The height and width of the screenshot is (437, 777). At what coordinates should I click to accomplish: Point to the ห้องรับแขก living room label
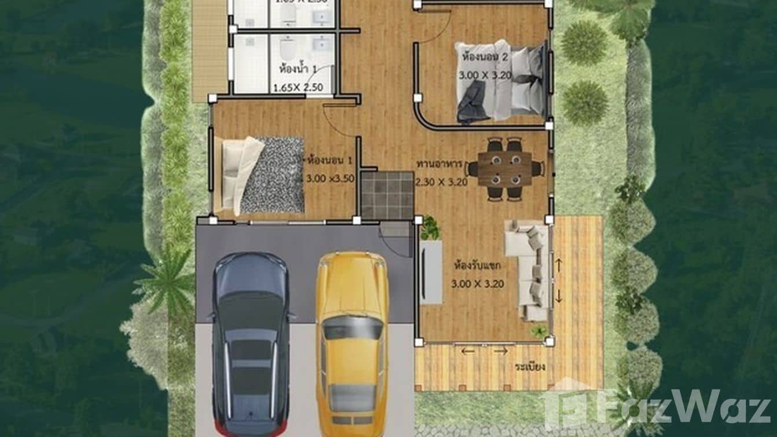478,266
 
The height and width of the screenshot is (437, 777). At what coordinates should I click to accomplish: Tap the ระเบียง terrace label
531,367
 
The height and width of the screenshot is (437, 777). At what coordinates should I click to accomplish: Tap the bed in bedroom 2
501,81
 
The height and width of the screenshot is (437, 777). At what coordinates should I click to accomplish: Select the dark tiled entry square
387,195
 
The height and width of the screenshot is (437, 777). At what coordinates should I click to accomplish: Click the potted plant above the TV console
430,228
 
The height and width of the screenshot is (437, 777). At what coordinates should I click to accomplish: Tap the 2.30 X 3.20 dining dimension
441,182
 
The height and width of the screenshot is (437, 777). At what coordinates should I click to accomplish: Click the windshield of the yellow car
352,328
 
